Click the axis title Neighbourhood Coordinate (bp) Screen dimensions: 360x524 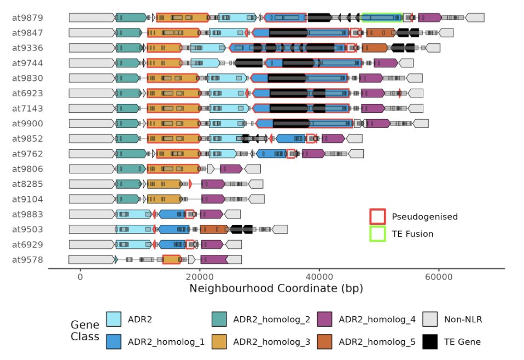click(276, 288)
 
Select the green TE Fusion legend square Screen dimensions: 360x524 click(377, 234)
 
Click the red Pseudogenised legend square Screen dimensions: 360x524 click(377, 216)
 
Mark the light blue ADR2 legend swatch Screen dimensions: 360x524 click(113, 319)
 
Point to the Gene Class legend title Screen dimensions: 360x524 click(85, 330)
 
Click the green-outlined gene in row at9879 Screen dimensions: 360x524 click(382, 18)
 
